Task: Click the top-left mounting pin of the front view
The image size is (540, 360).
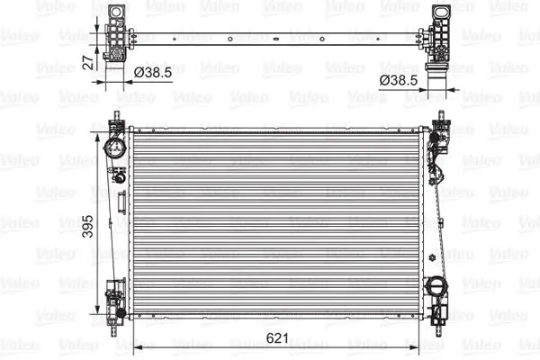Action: (116, 115)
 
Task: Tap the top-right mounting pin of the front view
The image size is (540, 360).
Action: (441, 115)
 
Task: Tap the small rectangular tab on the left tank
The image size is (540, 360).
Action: (119, 178)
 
